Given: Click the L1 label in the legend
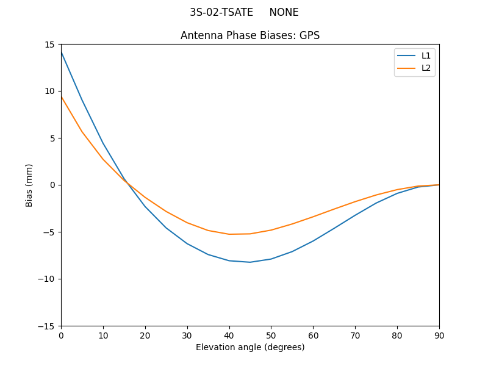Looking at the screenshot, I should tap(426, 56).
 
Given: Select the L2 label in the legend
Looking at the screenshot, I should tap(426, 68).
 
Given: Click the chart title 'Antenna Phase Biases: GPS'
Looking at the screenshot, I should tap(250, 35).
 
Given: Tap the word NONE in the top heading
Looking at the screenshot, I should tap(284, 12).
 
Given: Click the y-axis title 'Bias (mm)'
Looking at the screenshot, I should tap(29, 185).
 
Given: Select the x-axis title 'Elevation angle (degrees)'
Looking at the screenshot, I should tap(250, 347).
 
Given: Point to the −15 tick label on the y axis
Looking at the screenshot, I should tap(47, 326).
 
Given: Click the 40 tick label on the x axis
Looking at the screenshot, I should tap(229, 335).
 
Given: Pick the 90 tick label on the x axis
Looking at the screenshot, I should tap(439, 335).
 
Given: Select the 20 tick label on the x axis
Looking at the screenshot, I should tap(145, 335).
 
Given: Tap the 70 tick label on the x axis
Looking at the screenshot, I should tap(355, 335).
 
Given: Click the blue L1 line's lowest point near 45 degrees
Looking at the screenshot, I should tap(250, 262).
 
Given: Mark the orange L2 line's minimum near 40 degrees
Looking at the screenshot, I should tap(229, 234).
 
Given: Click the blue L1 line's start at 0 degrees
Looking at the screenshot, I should tap(61, 52).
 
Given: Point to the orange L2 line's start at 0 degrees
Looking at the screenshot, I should tap(61, 96).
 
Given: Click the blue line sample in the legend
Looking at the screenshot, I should tap(406, 56).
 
